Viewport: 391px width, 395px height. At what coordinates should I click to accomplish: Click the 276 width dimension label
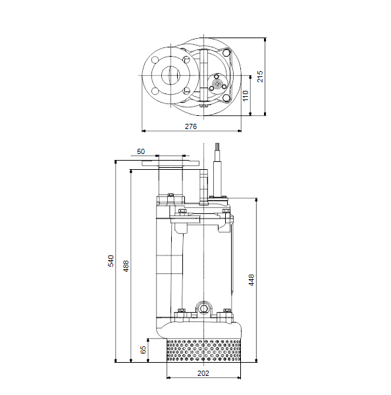191,126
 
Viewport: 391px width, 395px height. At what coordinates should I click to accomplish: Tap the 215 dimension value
260,76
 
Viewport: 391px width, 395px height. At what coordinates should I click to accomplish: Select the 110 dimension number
246,95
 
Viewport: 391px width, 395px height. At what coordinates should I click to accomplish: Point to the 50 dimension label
141,151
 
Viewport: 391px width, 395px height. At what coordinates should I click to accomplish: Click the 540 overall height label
111,261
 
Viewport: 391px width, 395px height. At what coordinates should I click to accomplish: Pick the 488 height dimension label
126,266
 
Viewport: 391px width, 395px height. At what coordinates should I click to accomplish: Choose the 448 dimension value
251,280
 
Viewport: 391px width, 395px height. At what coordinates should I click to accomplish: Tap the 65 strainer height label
143,350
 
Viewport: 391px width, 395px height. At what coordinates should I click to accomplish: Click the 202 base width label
203,373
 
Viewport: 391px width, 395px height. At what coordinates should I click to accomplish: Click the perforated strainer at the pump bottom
203,351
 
